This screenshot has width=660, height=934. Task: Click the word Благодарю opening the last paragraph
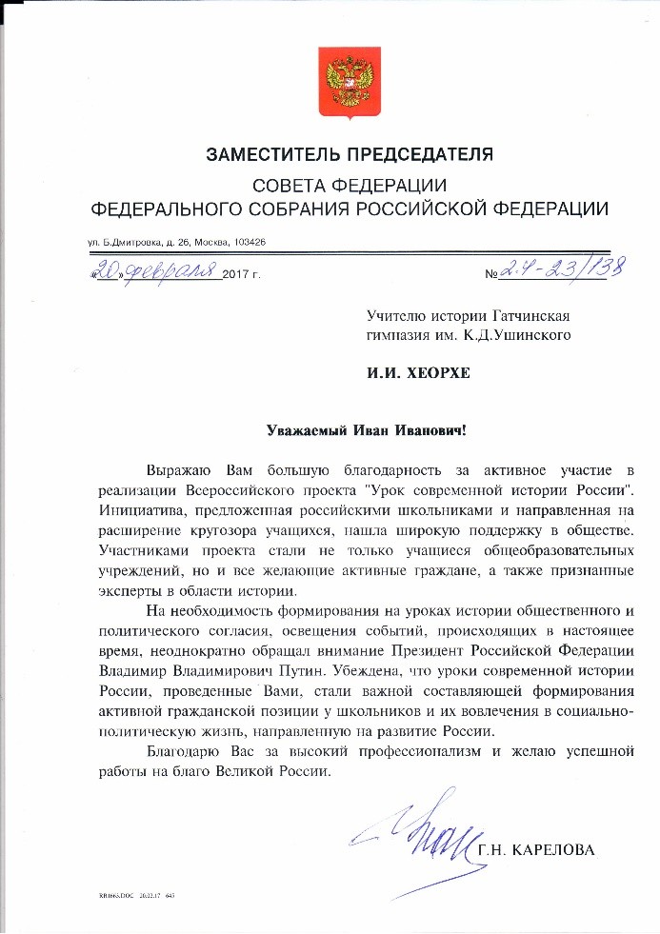[187, 752]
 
